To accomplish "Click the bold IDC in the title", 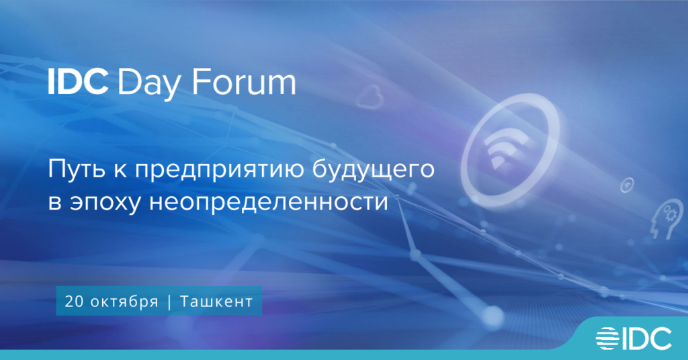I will pyautogui.click(x=78, y=83).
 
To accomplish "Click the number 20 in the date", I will pyautogui.click(x=73, y=302).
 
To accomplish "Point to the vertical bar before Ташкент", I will pyautogui.click(x=168, y=302).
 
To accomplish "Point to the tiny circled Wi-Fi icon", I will pyautogui.click(x=626, y=183).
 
